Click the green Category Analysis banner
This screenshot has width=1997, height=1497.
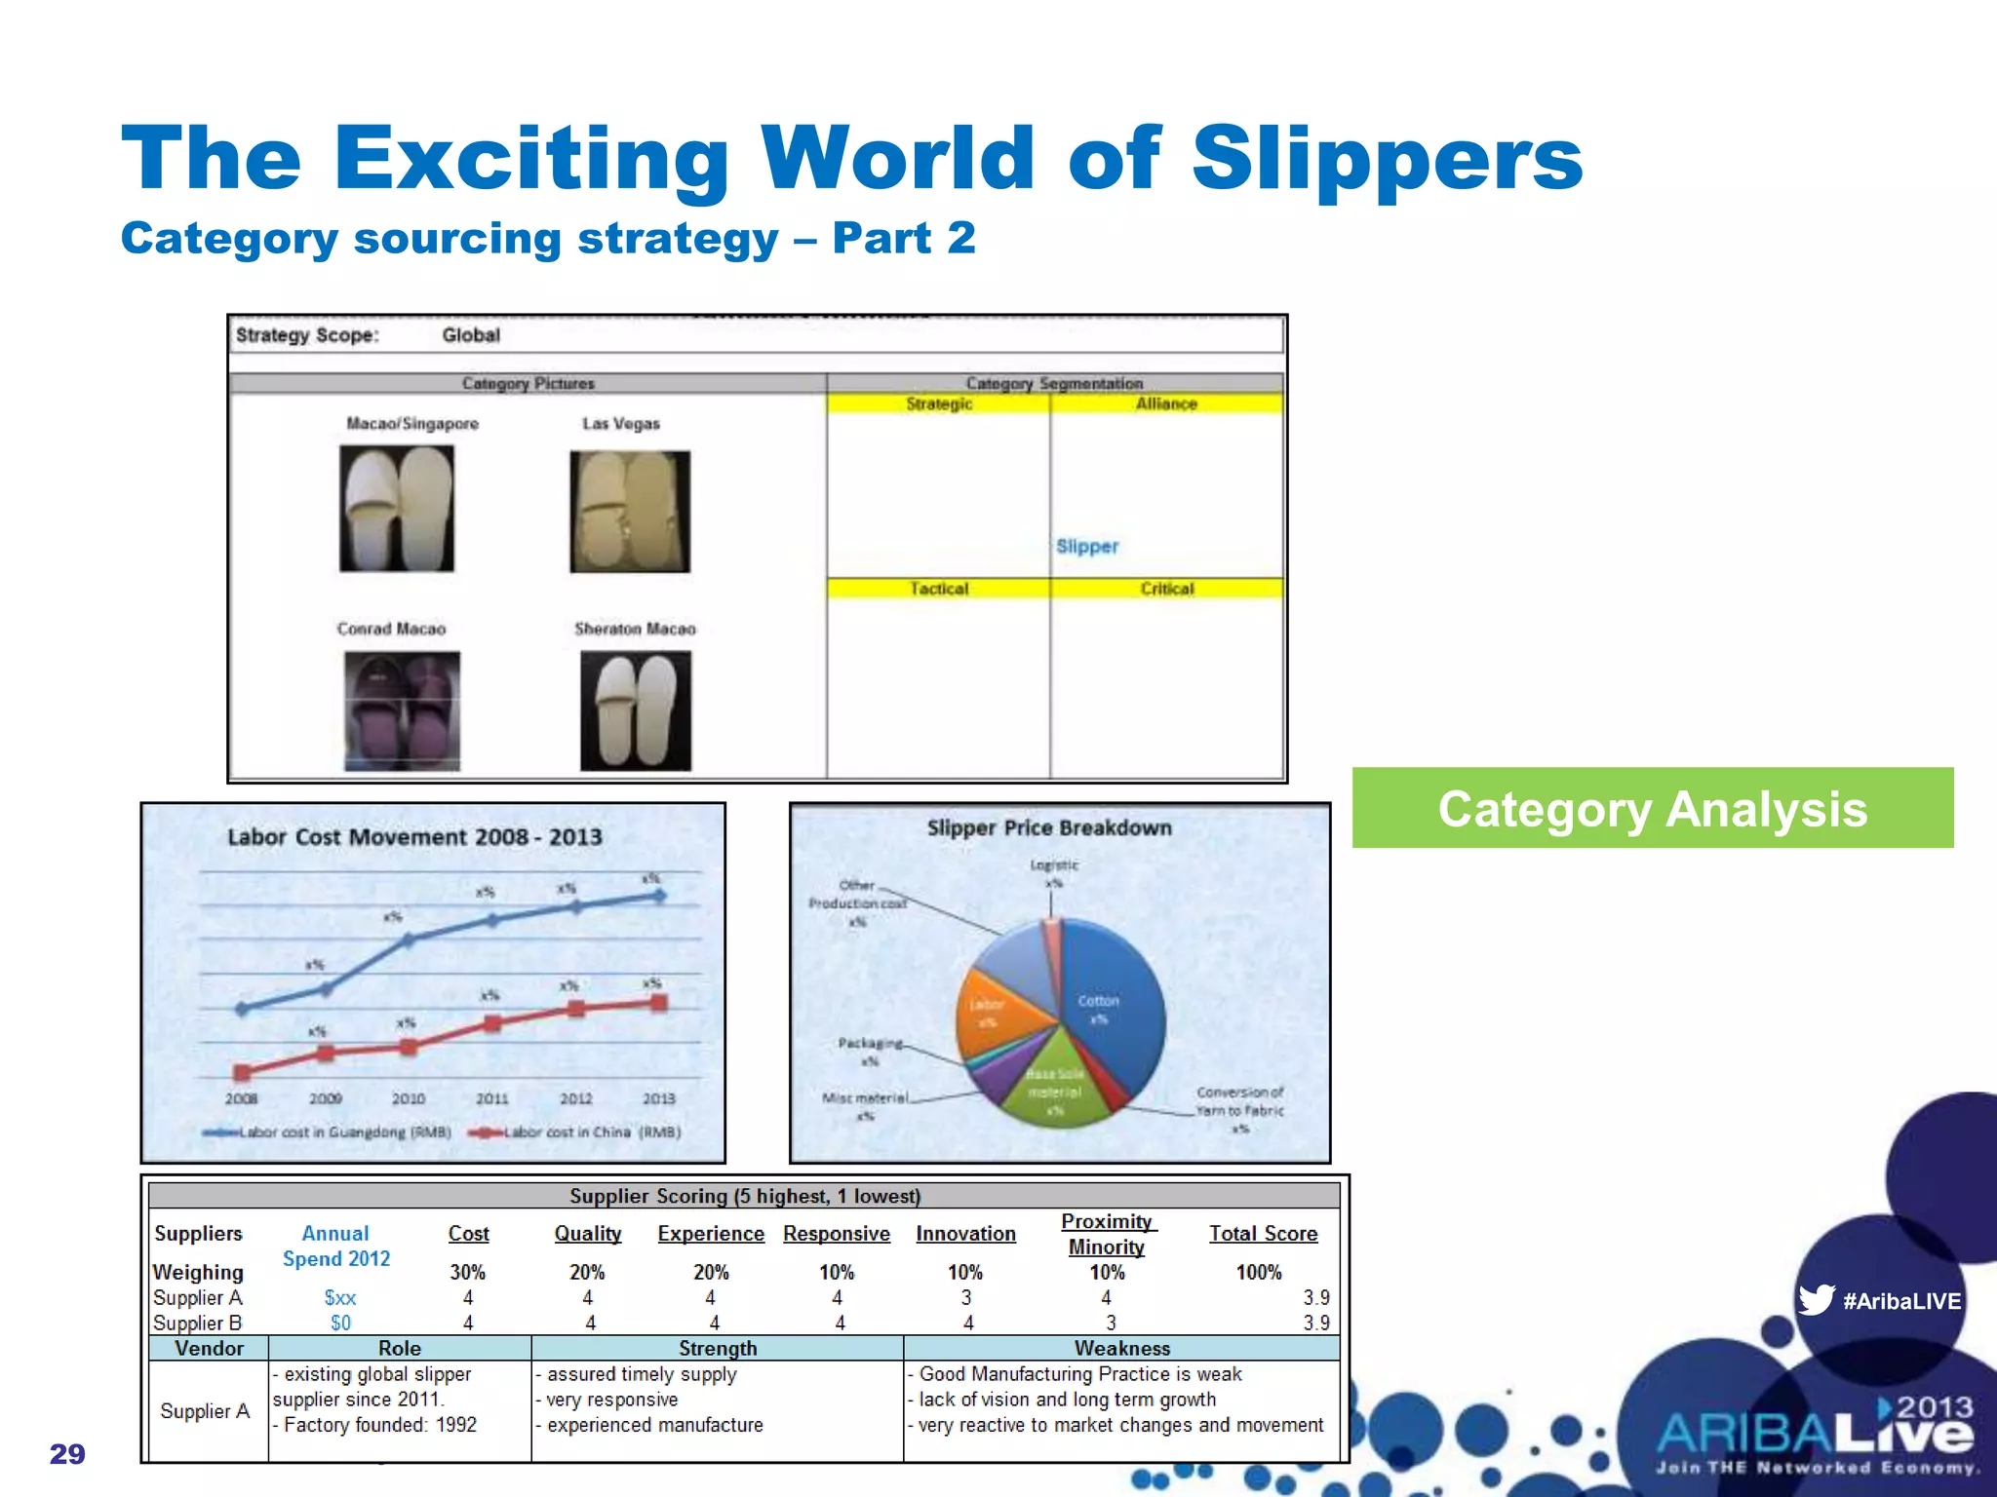point(1652,808)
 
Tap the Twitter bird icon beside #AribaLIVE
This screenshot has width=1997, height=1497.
point(1816,1299)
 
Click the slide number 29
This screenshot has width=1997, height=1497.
point(67,1454)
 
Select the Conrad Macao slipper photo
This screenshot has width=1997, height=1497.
point(402,710)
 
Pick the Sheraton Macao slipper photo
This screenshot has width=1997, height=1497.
point(636,710)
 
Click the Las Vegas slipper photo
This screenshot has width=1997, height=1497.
point(630,511)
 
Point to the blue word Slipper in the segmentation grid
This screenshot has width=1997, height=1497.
point(1087,547)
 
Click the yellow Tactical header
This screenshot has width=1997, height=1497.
point(939,589)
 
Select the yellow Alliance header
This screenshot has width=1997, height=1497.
point(1166,403)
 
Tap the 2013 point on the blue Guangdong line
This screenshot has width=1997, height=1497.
point(659,896)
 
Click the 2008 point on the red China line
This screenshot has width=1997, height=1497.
point(243,1072)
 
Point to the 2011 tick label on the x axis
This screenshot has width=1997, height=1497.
point(492,1098)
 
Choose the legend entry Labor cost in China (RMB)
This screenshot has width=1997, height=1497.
point(575,1132)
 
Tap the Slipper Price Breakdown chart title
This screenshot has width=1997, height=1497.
point(1049,828)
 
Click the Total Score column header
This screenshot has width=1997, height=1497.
point(1263,1234)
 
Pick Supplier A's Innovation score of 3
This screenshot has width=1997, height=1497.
point(966,1298)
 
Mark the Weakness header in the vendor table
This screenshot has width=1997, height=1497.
point(1121,1348)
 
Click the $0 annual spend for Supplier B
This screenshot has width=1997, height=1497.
point(340,1324)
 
